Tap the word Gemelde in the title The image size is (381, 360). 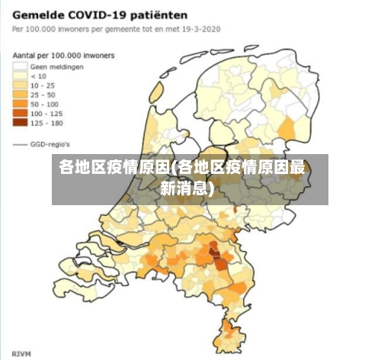coord(39,14)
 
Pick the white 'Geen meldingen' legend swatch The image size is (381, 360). coord(19,66)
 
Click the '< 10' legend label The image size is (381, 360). coord(38,76)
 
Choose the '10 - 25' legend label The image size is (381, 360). coord(42,85)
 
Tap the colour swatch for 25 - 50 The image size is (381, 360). coord(19,94)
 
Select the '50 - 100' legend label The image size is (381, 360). coord(43,103)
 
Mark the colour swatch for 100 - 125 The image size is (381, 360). coord(19,112)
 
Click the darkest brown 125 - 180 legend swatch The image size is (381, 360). coord(19,121)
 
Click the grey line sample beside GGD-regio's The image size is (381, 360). coord(19,143)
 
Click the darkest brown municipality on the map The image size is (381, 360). coord(220,263)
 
